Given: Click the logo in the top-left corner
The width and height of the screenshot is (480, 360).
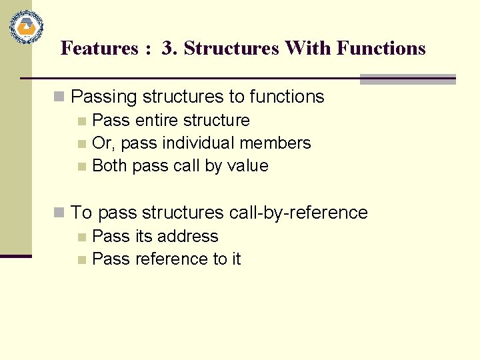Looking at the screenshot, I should pos(27,27).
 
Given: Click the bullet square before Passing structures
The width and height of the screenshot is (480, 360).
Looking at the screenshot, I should pos(60,97).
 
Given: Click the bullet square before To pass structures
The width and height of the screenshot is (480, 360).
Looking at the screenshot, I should pos(60,213).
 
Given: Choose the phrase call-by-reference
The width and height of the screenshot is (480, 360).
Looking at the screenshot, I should pos(298,213).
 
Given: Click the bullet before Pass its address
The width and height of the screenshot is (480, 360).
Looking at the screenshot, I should pos(82,237).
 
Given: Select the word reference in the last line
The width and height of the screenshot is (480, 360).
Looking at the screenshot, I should pos(171,259).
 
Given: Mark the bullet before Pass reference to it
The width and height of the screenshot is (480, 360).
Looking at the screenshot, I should pos(82,259).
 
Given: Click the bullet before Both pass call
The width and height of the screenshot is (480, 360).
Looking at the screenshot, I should pos(82,166).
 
